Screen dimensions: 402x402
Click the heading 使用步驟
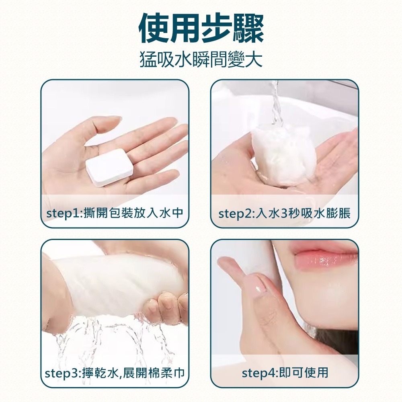coord(201,29)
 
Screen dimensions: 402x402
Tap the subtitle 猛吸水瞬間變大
coord(201,60)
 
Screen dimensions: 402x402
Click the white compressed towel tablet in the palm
coord(109,167)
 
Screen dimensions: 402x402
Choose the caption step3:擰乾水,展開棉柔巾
coord(115,373)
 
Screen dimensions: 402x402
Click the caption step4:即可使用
coord(285,373)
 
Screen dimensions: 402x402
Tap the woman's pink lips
coord(326,256)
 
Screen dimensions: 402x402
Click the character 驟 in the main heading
coord(248,29)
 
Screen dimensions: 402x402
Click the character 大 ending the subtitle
coord(254,60)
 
